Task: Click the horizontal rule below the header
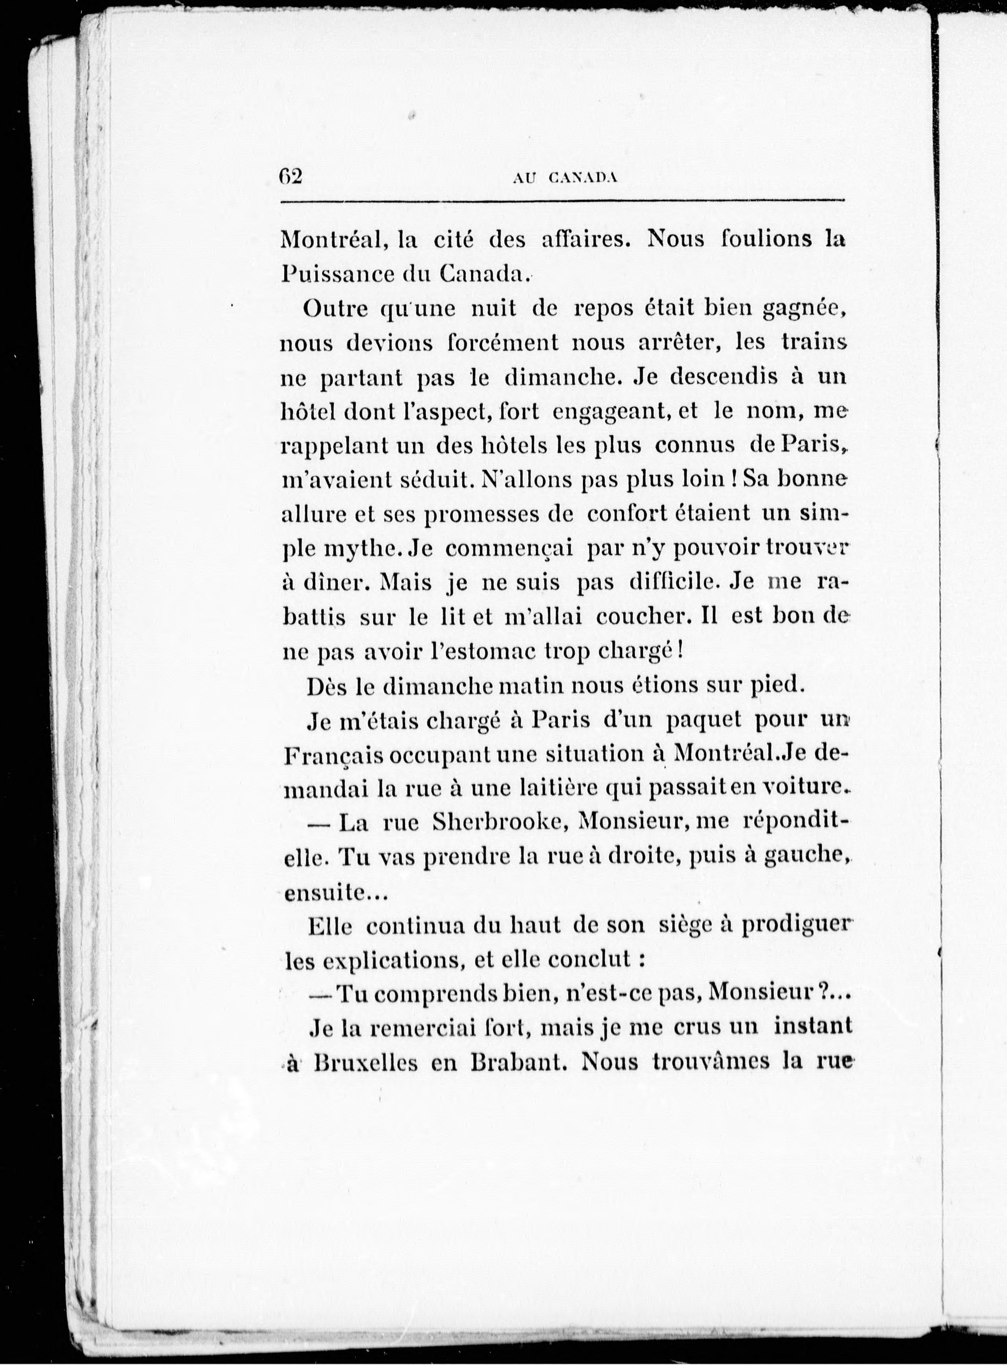(x=562, y=201)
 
